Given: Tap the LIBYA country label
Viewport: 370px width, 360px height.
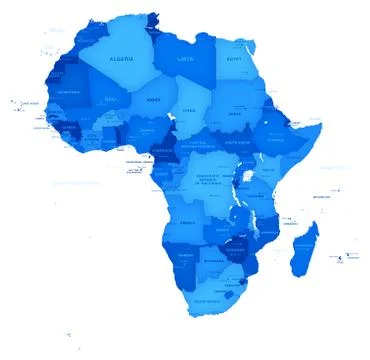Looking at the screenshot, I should tap(186, 58).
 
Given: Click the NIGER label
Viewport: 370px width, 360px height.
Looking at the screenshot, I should tap(153, 100).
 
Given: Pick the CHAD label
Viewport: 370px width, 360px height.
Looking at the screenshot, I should tap(188, 109).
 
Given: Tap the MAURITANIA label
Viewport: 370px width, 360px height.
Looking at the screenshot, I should tap(69, 93).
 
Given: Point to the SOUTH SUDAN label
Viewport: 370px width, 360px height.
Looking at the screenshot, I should tap(236, 143).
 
